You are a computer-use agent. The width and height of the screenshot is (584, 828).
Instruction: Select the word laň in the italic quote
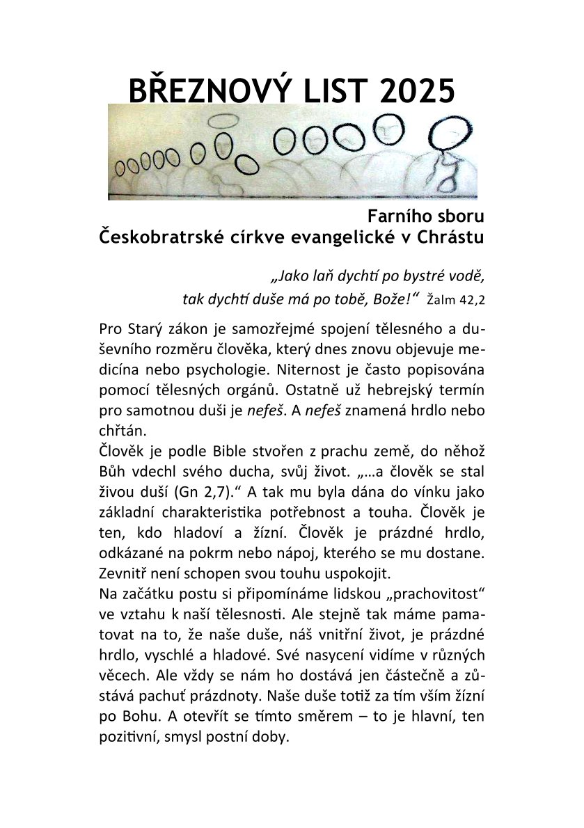pyautogui.click(x=317, y=275)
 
